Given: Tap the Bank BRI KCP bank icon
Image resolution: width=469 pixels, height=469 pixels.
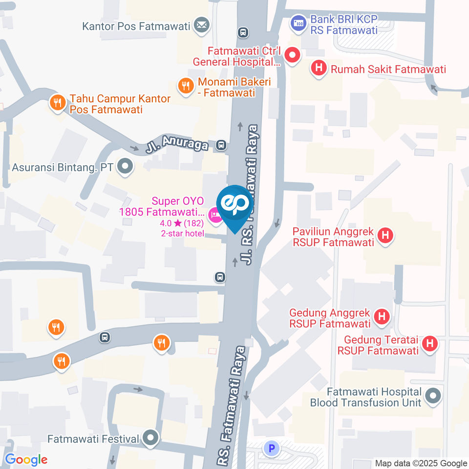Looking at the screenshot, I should (x=298, y=22).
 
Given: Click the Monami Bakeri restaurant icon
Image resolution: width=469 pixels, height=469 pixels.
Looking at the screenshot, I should (x=185, y=86).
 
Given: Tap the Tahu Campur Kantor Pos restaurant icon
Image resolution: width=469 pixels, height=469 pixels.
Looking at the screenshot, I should (x=58, y=103).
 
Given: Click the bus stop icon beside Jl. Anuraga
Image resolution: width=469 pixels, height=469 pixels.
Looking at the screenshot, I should (x=221, y=145).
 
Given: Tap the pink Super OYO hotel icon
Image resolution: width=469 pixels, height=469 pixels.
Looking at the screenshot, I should (x=214, y=214).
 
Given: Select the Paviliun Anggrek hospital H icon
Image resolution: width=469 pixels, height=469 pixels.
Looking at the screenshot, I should (x=385, y=235).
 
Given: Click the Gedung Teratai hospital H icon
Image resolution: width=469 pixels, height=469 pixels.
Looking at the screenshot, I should (x=429, y=344).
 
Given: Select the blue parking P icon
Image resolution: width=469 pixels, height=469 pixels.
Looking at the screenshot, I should (x=271, y=448).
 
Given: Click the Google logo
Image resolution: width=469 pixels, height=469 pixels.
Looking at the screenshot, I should (x=26, y=460).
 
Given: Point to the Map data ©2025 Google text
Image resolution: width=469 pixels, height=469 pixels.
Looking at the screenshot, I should (x=421, y=463).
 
